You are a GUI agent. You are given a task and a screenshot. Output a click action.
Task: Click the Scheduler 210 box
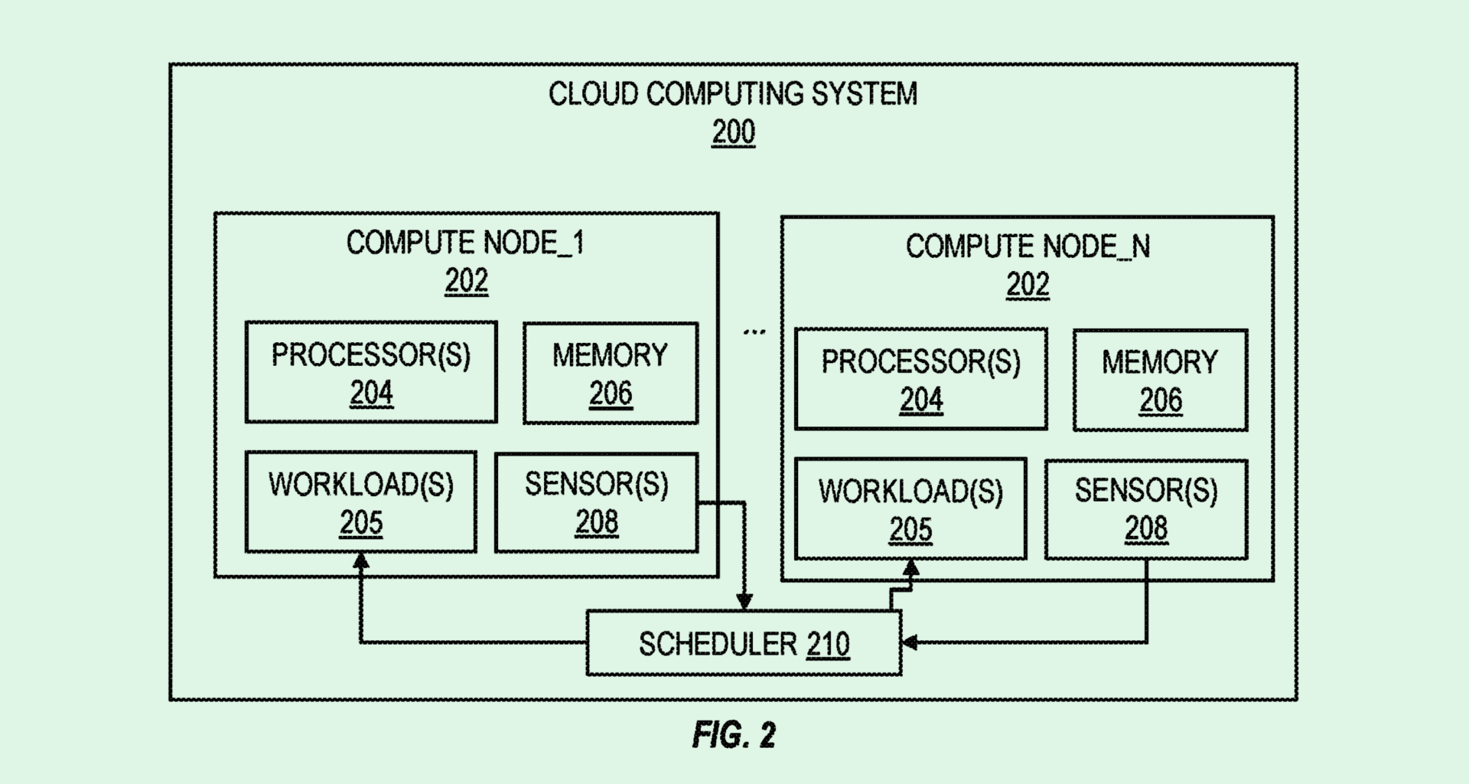tap(744, 643)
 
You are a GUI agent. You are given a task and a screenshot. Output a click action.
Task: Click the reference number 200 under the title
tap(733, 132)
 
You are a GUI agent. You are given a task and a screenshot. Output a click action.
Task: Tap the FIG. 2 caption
tap(734, 735)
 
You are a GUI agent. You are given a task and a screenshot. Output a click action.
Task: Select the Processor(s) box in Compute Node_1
tap(371, 372)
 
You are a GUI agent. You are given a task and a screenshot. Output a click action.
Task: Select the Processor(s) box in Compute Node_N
tap(920, 379)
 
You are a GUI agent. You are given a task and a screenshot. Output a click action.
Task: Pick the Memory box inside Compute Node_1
tap(611, 374)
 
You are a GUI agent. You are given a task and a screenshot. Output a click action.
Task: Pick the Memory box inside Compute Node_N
tap(1160, 381)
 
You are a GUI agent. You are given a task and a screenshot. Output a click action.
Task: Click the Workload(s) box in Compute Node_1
tap(360, 502)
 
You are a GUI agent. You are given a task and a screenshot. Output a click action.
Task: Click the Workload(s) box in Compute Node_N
tap(910, 509)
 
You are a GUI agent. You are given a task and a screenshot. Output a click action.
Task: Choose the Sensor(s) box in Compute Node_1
tap(596, 502)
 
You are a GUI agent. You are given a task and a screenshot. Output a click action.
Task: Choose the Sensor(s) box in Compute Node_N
tap(1146, 509)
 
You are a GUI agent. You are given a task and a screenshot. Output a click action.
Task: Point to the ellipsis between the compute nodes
tap(754, 332)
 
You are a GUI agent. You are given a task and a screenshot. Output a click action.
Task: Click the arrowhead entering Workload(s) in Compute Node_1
tap(360, 561)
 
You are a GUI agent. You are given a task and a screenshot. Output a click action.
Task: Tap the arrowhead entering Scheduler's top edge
tap(744, 602)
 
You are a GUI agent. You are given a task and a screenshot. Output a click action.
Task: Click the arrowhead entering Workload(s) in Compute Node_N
tap(910, 568)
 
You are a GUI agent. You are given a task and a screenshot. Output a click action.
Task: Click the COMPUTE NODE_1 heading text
tap(465, 243)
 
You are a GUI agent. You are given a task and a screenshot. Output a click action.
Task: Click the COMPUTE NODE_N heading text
tap(1028, 247)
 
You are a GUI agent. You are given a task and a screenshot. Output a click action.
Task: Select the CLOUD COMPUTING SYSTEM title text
tap(733, 93)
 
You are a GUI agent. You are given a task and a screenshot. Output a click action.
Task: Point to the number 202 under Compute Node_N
tap(1027, 285)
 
